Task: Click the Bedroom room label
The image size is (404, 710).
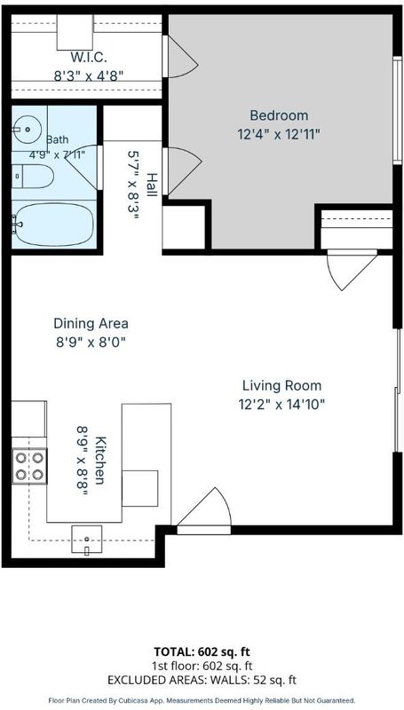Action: (279, 115)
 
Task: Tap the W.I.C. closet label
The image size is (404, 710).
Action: (89, 58)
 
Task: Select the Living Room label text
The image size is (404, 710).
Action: (281, 386)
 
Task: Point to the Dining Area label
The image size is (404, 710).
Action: (91, 324)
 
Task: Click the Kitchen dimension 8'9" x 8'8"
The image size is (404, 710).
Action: (82, 461)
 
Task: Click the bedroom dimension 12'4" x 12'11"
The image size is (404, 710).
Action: (279, 135)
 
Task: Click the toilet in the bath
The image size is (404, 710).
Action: (33, 176)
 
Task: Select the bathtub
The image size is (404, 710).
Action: (53, 225)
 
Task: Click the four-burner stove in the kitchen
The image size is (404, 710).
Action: (29, 466)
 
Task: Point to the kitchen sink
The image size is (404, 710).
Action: (86, 540)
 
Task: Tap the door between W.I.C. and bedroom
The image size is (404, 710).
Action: (181, 56)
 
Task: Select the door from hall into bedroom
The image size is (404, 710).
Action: (182, 170)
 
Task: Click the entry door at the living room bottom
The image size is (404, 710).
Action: (204, 512)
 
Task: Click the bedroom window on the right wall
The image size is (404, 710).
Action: (397, 110)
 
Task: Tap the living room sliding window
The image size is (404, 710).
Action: (397, 390)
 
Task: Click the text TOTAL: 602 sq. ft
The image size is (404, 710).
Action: (202, 651)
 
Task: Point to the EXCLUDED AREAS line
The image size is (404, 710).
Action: (202, 680)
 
